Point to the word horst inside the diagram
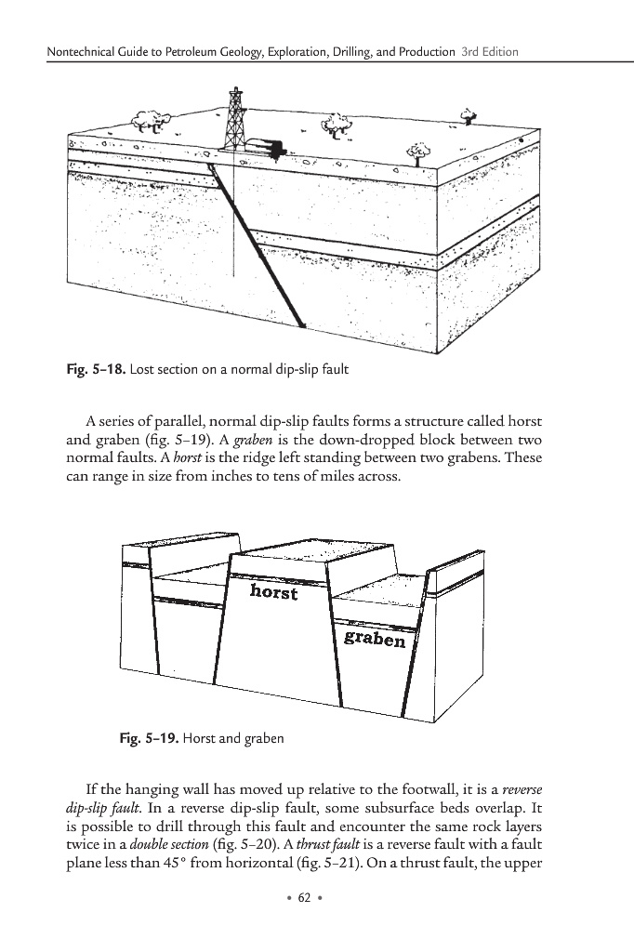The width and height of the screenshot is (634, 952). tap(274, 591)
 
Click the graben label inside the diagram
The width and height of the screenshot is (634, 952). tap(374, 639)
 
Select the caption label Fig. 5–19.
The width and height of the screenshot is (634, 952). tap(148, 739)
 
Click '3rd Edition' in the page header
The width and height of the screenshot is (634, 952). tap(489, 50)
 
